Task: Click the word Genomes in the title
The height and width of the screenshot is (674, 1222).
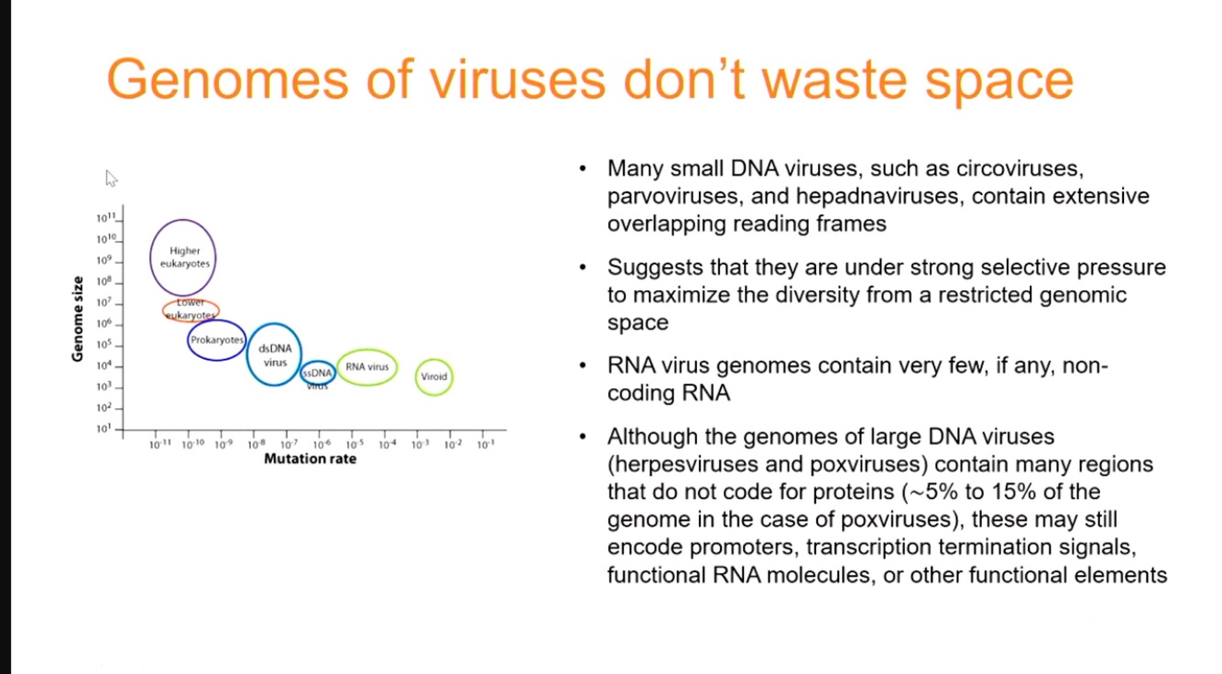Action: click(x=227, y=81)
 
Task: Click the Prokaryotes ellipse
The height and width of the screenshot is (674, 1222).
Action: click(x=188, y=340)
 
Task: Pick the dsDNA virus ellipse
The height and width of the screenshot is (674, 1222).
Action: click(x=246, y=354)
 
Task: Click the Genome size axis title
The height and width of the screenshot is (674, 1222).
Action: click(x=78, y=319)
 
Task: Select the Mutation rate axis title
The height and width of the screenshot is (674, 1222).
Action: click(x=310, y=459)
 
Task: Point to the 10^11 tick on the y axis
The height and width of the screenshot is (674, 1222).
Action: click(x=119, y=221)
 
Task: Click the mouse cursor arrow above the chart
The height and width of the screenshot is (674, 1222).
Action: click(x=111, y=179)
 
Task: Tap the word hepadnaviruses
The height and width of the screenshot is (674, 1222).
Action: click(x=877, y=196)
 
